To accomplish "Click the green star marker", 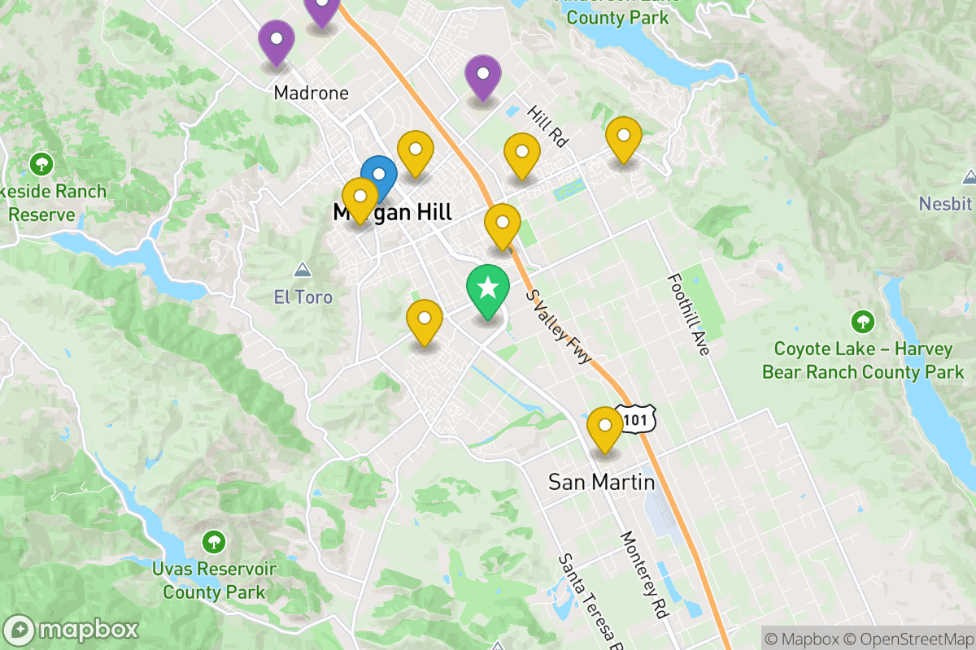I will (487, 289).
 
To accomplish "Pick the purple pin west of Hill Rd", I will (483, 75).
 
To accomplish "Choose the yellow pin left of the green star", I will (424, 319).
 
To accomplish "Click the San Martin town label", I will (601, 482).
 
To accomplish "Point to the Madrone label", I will (311, 93).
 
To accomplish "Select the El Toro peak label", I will (303, 297).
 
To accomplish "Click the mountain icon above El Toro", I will (303, 269).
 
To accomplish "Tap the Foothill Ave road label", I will (688, 314).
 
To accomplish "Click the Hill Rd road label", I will (547, 126).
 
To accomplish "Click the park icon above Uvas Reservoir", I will (213, 540).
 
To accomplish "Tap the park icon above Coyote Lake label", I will (862, 322).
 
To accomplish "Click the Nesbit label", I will (946, 203).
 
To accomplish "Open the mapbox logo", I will (73, 630).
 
